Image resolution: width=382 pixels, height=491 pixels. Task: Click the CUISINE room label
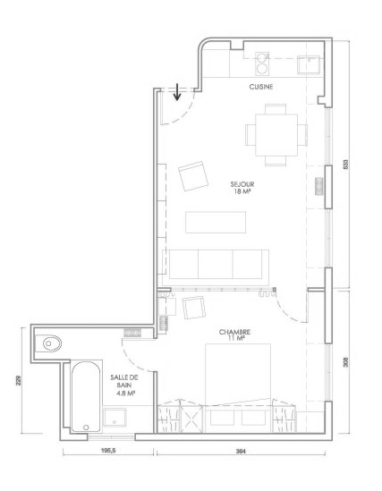coord(261,87)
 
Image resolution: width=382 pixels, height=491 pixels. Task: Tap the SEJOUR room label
coord(242,184)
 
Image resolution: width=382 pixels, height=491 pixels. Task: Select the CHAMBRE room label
coord(234,332)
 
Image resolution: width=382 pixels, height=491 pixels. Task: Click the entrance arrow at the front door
coord(177,92)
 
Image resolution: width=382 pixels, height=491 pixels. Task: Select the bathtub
coord(86,396)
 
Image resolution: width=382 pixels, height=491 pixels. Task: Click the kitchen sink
coord(309,64)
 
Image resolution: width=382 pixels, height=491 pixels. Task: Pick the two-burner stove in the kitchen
coord(262,63)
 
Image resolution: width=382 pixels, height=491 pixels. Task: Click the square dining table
coord(276,135)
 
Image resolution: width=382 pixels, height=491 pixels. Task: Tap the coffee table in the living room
coord(216,223)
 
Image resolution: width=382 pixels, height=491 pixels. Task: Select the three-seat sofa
coord(216,265)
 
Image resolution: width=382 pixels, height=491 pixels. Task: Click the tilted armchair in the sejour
coord(193,176)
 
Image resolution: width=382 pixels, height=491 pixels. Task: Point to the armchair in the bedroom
coord(194,308)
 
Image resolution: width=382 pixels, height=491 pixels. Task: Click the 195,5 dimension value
coord(108,451)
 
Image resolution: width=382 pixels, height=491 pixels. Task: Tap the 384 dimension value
coord(241,452)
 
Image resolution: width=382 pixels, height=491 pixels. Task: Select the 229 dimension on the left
coord(18,380)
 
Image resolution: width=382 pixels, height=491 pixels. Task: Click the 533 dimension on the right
coord(345,165)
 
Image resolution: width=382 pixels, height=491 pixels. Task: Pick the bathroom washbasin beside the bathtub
coord(115,417)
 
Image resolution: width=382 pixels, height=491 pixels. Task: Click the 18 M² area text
coord(242,191)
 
